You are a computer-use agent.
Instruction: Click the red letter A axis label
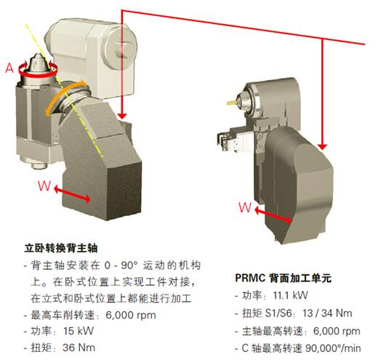9,68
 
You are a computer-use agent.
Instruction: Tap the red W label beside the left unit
44,186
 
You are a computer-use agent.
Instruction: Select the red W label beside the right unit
245,207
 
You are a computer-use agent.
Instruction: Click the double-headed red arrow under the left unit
72,193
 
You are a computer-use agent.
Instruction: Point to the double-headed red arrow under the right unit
273,215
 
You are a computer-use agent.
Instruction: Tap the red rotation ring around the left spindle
38,73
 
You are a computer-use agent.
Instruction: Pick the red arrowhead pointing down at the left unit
122,116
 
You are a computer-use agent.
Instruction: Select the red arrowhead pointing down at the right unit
322,146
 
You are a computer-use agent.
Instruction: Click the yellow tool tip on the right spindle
231,103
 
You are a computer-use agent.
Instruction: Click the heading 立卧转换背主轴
61,248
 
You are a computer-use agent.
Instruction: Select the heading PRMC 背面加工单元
284,278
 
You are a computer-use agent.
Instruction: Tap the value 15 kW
79,331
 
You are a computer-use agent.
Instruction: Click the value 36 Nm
79,348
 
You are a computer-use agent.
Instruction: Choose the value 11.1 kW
290,295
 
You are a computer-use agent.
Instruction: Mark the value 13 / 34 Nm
327,313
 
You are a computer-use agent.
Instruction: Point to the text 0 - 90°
121,265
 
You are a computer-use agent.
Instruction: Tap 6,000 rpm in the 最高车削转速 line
131,316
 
